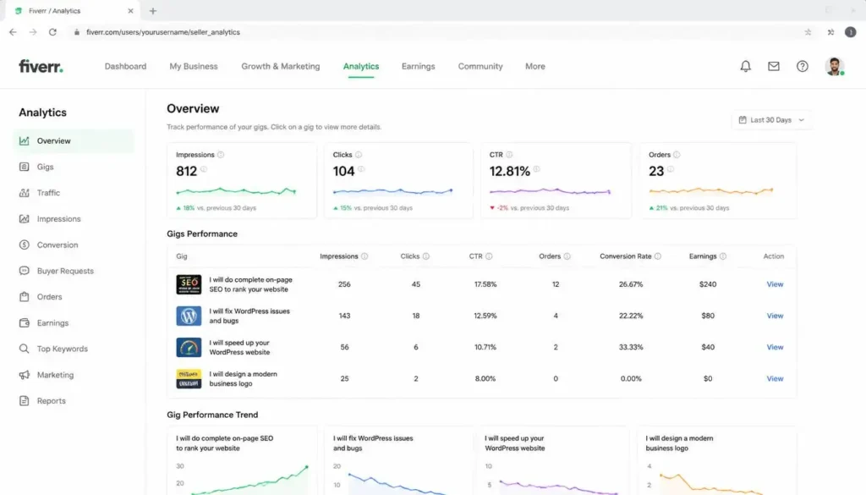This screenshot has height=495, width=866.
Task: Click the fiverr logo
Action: pyautogui.click(x=41, y=66)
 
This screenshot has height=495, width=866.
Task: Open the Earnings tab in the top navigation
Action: pyautogui.click(x=418, y=66)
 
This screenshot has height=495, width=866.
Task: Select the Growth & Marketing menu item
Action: pyautogui.click(x=281, y=66)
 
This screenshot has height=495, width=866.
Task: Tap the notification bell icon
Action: pyautogui.click(x=746, y=66)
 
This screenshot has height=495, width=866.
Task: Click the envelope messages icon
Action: pyautogui.click(x=774, y=66)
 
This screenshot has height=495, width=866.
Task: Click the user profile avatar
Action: pyautogui.click(x=835, y=66)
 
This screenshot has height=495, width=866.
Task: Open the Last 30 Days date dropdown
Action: pyautogui.click(x=771, y=120)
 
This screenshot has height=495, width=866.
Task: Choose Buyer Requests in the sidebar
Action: pyautogui.click(x=65, y=271)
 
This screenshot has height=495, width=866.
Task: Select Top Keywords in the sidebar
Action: pyautogui.click(x=62, y=349)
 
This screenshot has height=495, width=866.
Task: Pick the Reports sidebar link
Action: pyautogui.click(x=51, y=400)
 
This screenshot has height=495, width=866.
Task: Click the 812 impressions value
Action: pyautogui.click(x=187, y=171)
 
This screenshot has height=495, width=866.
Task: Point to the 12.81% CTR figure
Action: pyautogui.click(x=510, y=171)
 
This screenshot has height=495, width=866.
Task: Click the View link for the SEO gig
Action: pyautogui.click(x=775, y=284)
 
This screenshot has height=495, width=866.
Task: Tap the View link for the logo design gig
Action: pyautogui.click(x=775, y=378)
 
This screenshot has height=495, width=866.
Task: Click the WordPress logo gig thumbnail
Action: pyautogui.click(x=189, y=316)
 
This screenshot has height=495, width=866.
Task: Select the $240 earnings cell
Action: pyautogui.click(x=708, y=284)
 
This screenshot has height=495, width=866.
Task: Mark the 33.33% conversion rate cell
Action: pyautogui.click(x=631, y=347)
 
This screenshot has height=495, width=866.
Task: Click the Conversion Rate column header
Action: pyautogui.click(x=626, y=256)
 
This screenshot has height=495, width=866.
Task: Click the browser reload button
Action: pyautogui.click(x=52, y=32)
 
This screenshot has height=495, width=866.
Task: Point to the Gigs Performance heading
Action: pyautogui.click(x=202, y=234)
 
